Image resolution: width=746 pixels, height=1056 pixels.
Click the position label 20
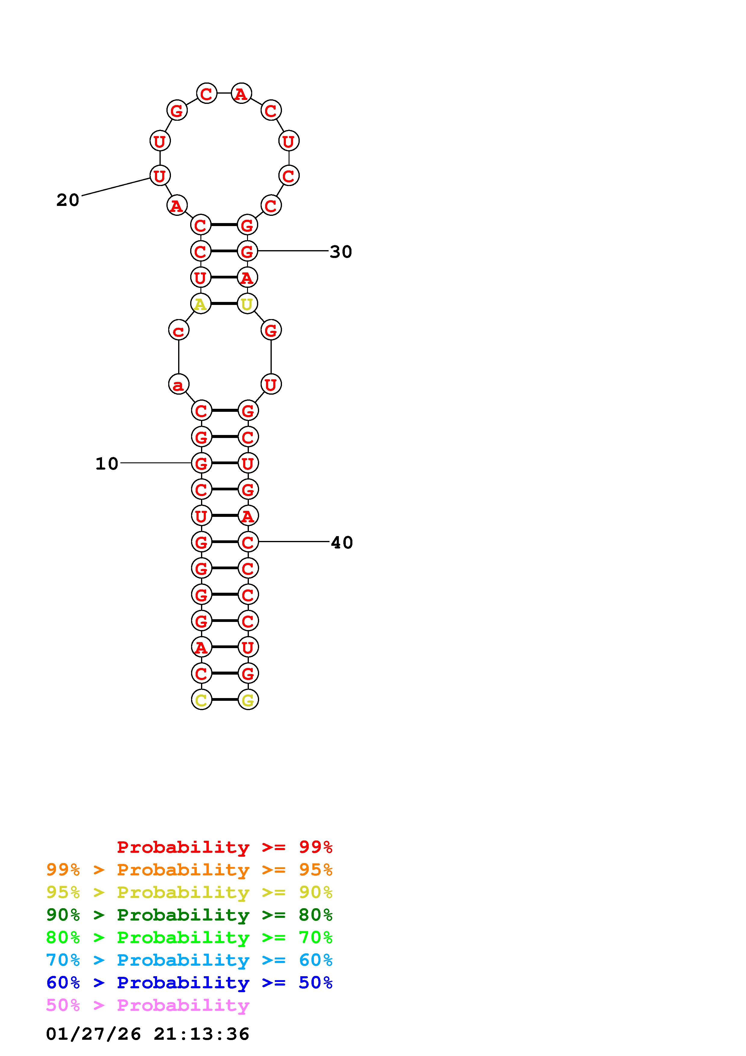68,200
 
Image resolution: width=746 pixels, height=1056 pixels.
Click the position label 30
341,252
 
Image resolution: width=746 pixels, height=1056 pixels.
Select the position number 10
107,464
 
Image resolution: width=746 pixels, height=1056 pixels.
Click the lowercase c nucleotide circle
179,330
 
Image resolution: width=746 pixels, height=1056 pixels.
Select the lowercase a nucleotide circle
179,384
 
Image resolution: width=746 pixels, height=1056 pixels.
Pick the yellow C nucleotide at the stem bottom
201,700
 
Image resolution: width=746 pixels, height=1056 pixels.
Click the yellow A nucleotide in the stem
200,303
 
